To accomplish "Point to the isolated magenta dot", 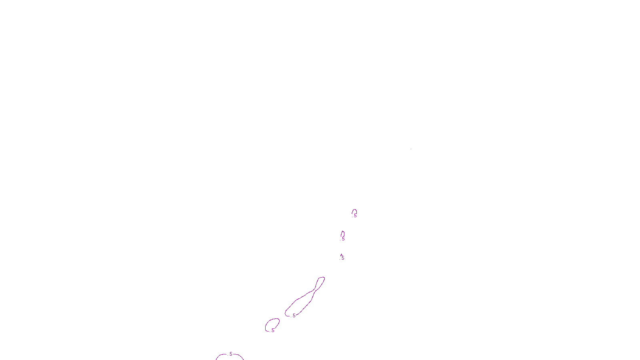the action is [x=411, y=149].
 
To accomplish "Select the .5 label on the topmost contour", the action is [x=354, y=216].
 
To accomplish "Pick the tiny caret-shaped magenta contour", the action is [x=341, y=255].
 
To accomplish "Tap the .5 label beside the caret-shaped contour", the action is [x=342, y=258].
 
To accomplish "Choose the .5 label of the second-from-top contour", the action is [x=343, y=239].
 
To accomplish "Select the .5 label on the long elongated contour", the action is [x=294, y=316].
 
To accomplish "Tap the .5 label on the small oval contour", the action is [x=272, y=330].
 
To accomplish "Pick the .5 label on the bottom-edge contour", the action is [x=230, y=354].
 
